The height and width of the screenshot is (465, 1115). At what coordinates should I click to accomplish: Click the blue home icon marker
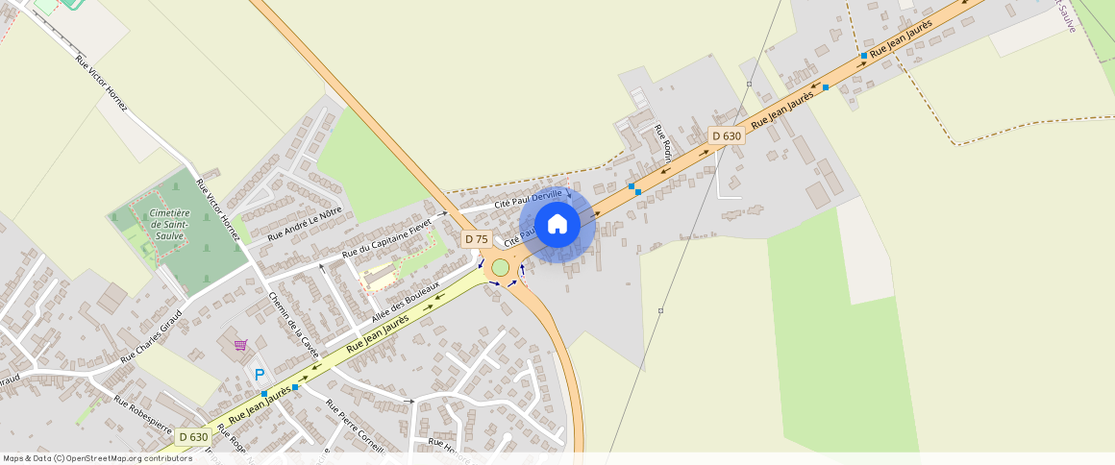click(x=557, y=225)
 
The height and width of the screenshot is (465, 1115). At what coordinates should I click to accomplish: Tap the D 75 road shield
click(x=477, y=239)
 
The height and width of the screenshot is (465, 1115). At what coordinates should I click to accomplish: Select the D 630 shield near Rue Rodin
click(x=727, y=136)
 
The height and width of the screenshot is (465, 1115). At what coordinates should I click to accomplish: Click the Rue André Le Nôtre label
click(x=305, y=225)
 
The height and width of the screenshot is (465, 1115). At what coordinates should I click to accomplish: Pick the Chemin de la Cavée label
click(x=292, y=326)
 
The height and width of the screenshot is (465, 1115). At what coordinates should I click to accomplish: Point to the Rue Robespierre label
click(x=142, y=414)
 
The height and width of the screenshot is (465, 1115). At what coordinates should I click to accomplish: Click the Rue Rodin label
click(x=661, y=142)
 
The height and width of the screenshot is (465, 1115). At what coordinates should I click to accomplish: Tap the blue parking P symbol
click(x=259, y=376)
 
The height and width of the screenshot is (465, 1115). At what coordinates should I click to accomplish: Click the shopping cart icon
click(x=240, y=345)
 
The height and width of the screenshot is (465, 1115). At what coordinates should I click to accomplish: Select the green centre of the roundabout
click(x=501, y=267)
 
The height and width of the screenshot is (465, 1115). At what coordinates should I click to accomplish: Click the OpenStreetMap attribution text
click(x=97, y=458)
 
